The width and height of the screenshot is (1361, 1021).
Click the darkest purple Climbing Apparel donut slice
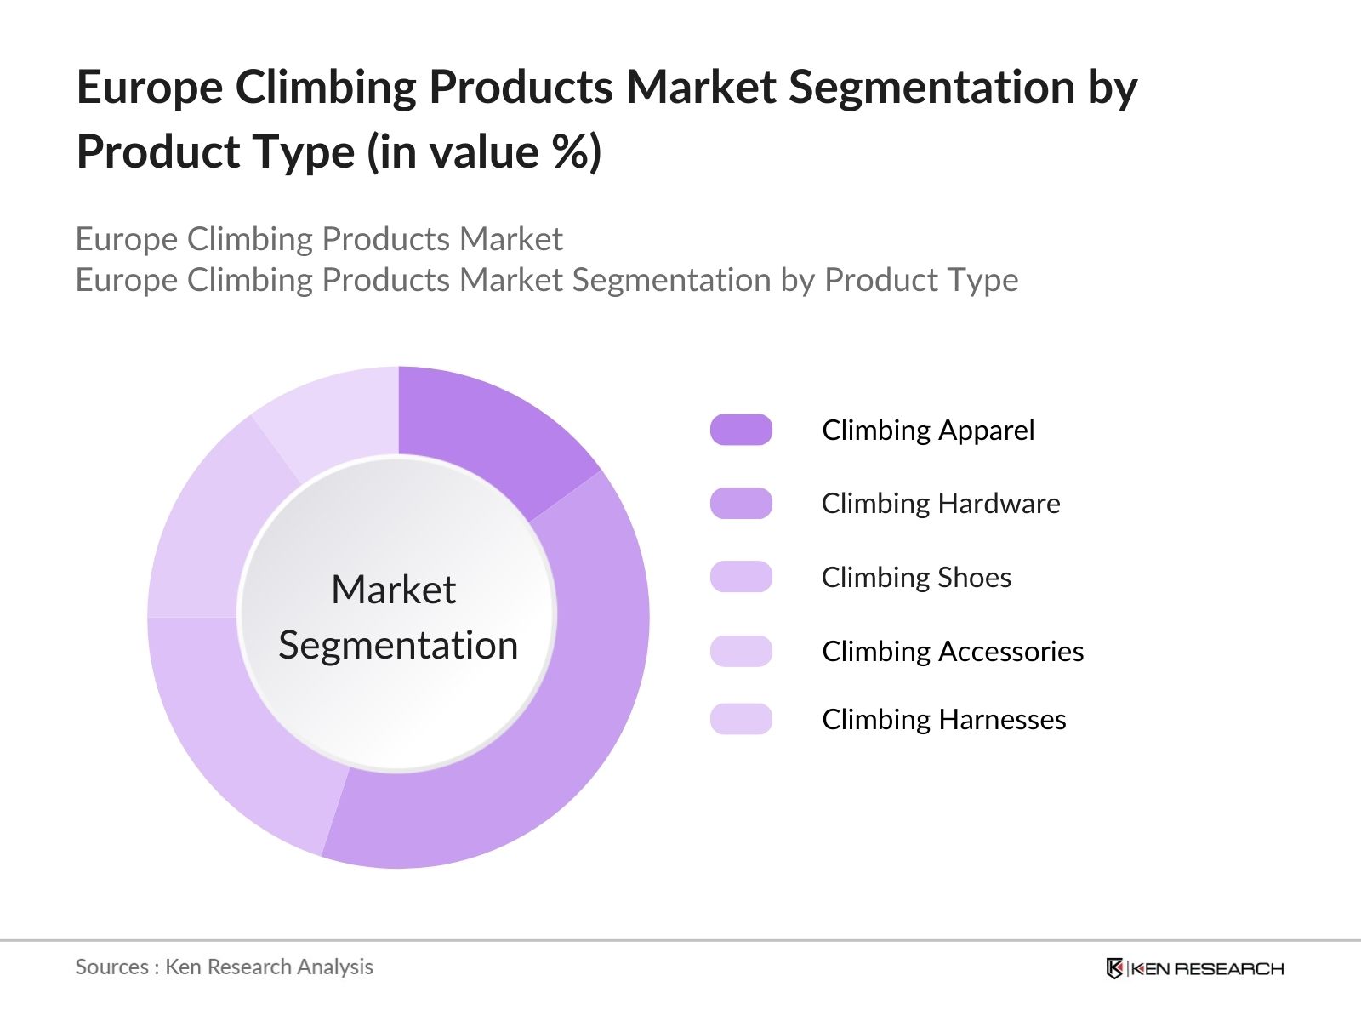coord(490,434)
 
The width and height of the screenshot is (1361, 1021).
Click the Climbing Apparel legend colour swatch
coord(741,430)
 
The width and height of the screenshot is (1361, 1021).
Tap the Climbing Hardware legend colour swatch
coord(741,503)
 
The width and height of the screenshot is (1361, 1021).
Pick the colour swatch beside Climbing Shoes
coord(741,577)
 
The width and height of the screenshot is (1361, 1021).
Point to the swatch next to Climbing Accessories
coord(741,651)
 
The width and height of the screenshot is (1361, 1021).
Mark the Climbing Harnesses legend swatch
coord(741,719)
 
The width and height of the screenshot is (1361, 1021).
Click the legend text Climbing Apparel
coord(928,431)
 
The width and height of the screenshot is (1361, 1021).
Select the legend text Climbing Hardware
coord(941,504)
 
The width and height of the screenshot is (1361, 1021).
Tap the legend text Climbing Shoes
coord(916,577)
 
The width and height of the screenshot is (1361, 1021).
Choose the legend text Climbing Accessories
coord(953,652)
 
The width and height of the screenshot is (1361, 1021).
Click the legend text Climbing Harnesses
coord(944,720)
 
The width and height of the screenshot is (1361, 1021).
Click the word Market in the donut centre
coord(394,589)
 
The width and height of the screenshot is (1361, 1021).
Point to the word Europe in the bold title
coord(150,88)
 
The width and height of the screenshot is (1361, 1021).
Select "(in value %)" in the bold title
coord(484,152)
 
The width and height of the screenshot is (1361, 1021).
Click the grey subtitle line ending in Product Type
coord(546,280)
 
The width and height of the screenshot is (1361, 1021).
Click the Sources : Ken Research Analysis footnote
coord(224,967)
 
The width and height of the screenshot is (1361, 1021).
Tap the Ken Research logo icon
coord(1114,968)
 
